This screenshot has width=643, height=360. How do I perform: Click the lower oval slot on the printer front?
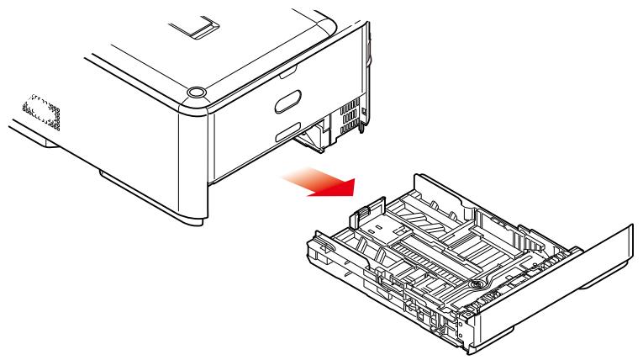284,132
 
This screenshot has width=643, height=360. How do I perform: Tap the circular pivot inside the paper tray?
477,284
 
